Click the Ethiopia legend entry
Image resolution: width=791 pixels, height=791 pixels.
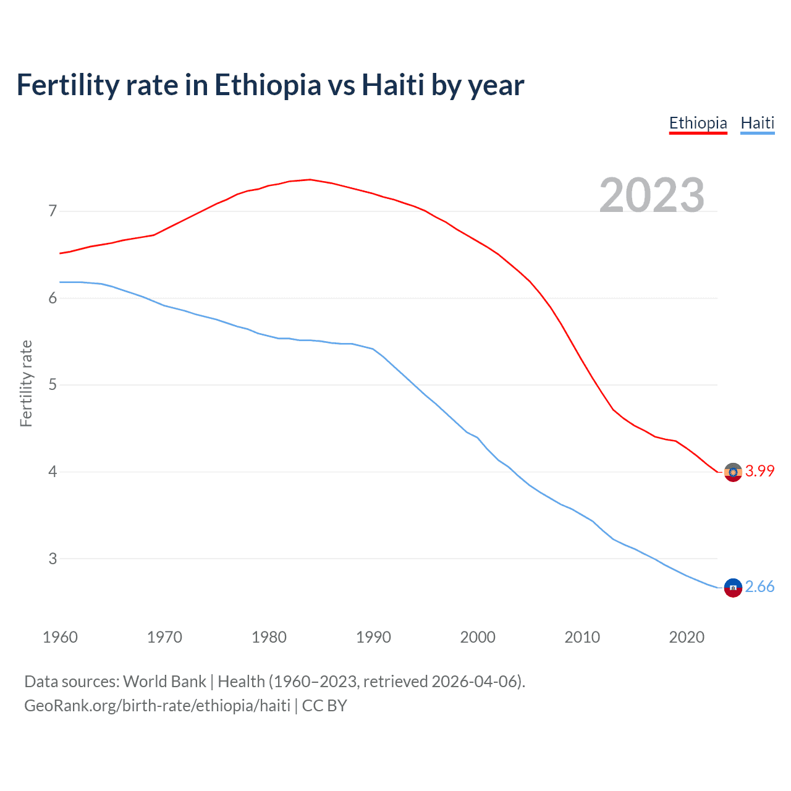698,123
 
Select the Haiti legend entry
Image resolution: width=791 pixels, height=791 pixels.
757,123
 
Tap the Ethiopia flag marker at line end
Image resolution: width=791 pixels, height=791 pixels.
732,472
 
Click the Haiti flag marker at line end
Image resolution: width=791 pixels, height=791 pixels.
732,588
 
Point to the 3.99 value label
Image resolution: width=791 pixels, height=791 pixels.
759,471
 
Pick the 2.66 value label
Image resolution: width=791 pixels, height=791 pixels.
759,586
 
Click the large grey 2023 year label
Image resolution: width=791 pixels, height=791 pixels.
652,195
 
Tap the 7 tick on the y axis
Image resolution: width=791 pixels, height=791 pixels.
52,211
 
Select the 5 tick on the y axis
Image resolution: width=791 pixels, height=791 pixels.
52,385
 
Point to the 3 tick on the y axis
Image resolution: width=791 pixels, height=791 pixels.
52,559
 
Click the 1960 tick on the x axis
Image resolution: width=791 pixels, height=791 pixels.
60,637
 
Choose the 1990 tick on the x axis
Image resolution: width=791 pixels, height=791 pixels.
373,637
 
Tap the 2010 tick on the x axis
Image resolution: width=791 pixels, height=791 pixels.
582,637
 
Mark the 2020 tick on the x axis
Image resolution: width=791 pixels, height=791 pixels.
687,637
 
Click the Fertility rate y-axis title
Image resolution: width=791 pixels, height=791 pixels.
26,383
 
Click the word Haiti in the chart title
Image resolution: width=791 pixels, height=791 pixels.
393,85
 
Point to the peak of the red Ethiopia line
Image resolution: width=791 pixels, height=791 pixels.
310,179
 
